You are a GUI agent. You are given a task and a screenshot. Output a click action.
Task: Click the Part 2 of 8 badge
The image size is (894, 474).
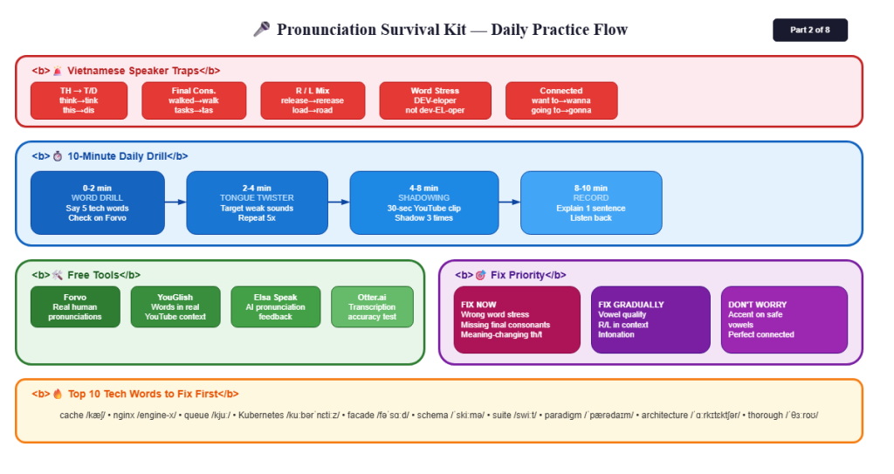coord(809,31)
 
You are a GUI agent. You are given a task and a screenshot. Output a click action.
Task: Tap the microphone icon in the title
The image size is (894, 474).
coord(262,29)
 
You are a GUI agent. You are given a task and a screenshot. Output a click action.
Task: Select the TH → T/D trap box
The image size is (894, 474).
coord(79,100)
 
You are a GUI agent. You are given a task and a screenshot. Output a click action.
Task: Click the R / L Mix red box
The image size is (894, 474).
coord(313,100)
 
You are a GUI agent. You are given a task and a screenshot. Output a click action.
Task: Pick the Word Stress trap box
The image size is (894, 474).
coord(435,100)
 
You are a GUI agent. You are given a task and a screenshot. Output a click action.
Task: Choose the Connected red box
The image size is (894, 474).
coord(561,100)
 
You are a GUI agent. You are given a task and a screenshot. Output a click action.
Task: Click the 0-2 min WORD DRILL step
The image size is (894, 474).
coord(98,203)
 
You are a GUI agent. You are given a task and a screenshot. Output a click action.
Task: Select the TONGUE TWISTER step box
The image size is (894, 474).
coord(258,203)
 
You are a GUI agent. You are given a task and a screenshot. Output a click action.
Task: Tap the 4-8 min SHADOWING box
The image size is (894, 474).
coord(424,203)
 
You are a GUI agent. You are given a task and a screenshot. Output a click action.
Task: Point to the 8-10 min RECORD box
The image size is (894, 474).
coord(591,203)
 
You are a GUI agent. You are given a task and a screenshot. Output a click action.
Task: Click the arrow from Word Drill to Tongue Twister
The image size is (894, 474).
coord(175,202)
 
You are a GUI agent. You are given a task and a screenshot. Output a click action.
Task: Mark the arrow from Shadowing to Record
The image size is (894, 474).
coord(510,202)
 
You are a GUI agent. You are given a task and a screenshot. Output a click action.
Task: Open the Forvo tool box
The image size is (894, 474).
coord(75,307)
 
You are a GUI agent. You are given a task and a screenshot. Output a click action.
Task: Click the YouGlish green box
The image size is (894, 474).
coord(175,307)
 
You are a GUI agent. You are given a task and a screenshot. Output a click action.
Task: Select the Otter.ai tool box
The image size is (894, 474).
coord(372,307)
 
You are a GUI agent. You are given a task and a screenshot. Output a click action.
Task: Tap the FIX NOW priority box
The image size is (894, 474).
coord(517,320)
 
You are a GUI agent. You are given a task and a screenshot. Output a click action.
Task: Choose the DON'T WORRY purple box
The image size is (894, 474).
coord(784,320)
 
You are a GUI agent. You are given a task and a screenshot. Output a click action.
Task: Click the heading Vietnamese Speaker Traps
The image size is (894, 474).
coord(134,71)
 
